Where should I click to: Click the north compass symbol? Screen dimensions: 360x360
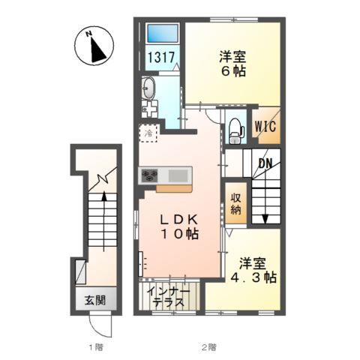(94, 46)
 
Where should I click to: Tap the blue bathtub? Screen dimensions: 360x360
(163, 33)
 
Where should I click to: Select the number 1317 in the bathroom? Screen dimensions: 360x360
(161, 57)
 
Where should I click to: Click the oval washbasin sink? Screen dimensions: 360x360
(148, 88)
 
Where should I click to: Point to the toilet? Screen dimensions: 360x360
(235, 131)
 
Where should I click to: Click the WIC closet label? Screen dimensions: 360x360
(265, 126)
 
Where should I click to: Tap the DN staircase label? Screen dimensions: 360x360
(265, 163)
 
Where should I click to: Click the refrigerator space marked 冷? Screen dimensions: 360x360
(148, 133)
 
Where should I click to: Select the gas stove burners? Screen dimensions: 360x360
(150, 175)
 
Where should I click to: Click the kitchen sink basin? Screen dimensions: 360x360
(178, 175)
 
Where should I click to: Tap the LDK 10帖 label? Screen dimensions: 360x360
(179, 226)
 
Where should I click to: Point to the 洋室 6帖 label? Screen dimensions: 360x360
(232, 64)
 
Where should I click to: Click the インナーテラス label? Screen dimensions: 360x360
(169, 297)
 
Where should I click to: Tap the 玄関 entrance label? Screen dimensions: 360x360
(95, 300)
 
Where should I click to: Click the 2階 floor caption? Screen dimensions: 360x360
(209, 347)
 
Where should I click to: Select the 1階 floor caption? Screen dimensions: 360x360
(96, 347)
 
